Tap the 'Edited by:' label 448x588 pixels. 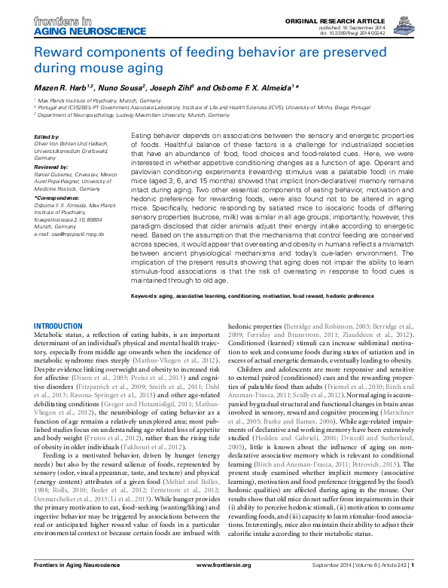[47, 137]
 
